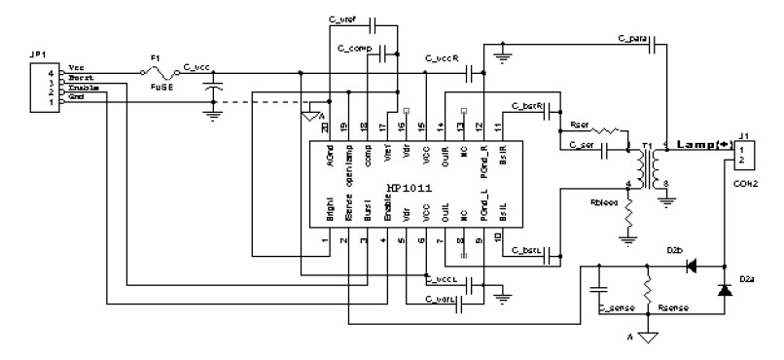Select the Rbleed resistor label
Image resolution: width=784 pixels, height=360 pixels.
[603, 203]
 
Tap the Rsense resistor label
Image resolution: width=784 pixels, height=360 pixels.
[674, 306]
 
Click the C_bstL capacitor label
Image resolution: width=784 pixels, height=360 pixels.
[525, 252]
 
